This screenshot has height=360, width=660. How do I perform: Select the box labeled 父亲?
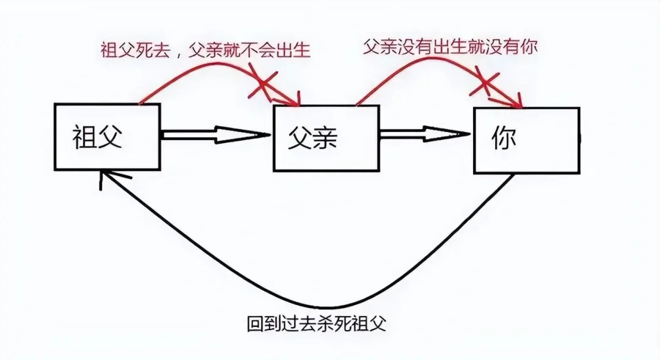(326, 138)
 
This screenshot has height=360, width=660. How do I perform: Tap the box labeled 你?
(526, 140)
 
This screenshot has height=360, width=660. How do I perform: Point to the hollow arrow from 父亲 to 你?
(425, 134)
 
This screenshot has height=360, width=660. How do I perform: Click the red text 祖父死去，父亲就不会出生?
(205, 50)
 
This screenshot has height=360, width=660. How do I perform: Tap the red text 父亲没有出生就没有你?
(450, 47)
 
